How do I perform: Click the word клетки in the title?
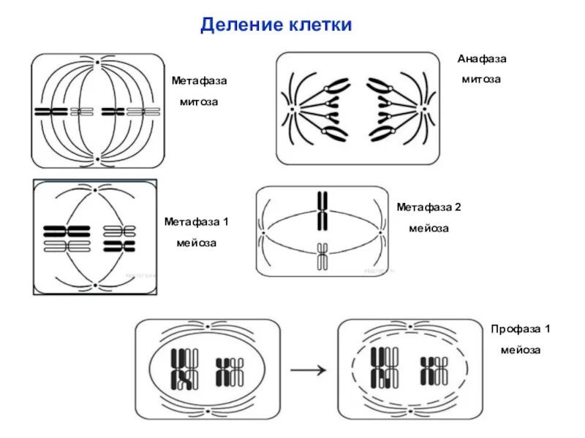click(318, 26)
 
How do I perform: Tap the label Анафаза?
click(482, 58)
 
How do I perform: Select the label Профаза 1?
click(520, 329)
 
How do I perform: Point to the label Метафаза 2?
click(429, 207)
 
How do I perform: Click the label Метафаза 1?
click(196, 220)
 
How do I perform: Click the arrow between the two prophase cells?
click(308, 370)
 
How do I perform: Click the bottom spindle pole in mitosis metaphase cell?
click(97, 158)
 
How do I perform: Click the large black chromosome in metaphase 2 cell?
click(322, 210)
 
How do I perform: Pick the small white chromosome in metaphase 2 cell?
click(322, 257)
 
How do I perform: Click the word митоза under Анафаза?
click(481, 79)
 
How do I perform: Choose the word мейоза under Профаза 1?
click(520, 350)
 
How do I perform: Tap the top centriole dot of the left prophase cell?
click(207, 325)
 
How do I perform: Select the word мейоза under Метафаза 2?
click(429, 228)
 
